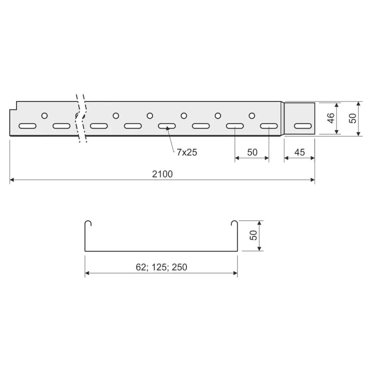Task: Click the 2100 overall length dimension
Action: click(162, 174)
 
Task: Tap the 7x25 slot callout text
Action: click(187, 152)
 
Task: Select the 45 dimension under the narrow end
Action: click(299, 152)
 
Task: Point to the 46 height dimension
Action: click(331, 118)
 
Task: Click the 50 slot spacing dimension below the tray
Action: click(252, 152)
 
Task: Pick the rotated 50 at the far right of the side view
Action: click(353, 118)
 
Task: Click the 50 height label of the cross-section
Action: click(253, 235)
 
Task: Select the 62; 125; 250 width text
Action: click(161, 267)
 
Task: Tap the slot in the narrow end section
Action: click(303, 126)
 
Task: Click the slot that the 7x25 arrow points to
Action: click(167, 126)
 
